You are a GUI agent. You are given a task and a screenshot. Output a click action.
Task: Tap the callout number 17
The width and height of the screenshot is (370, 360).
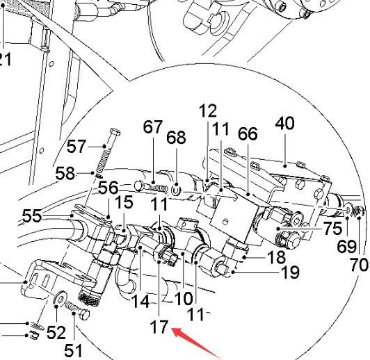point(159,327)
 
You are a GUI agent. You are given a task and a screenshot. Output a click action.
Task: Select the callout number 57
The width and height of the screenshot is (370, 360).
point(77,147)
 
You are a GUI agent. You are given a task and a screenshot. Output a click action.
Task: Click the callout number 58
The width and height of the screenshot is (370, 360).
point(65,173)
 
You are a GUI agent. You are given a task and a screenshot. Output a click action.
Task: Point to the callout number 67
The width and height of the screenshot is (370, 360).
point(153,127)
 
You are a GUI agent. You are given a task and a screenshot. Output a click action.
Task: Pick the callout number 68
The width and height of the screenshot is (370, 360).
point(176,138)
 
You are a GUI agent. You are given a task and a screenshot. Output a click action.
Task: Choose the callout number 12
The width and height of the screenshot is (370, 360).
point(208,111)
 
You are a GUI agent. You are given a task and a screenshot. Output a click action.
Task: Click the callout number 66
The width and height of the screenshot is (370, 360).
point(248,134)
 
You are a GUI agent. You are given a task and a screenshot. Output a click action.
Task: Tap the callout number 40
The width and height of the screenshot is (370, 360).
point(285,123)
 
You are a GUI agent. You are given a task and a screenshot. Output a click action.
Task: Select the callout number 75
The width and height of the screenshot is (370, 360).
point(333,228)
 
